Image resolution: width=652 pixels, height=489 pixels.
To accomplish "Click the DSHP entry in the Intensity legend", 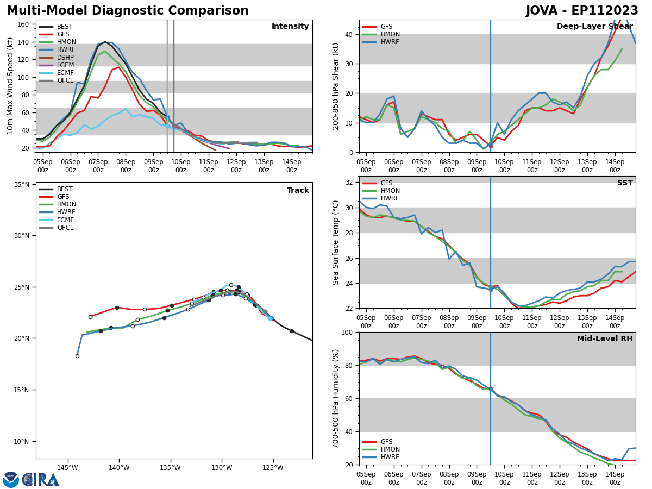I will click(65, 58).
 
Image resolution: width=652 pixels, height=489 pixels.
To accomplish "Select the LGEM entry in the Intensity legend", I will click(65, 65).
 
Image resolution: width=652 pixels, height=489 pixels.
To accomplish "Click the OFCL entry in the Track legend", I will click(65, 228).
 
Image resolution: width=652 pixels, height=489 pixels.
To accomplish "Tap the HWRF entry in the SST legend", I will click(390, 198).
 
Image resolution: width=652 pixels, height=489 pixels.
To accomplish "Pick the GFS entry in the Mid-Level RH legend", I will click(386, 442).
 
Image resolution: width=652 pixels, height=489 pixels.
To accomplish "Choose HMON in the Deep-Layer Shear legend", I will click(390, 34).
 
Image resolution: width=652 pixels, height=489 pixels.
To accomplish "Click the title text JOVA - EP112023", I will click(582, 11).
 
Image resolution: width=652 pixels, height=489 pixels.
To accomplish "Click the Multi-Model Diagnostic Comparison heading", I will click(128, 11).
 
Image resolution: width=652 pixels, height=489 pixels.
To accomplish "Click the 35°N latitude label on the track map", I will click(22, 185).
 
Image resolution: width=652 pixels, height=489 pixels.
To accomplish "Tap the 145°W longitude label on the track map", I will click(67, 467).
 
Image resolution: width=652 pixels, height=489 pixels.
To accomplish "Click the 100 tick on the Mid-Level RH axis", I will click(347, 332).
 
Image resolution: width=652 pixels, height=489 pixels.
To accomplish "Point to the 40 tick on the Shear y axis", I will click(349, 34).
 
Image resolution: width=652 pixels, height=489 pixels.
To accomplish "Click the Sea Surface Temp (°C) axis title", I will click(336, 242).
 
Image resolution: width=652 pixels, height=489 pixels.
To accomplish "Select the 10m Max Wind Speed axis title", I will click(11, 86).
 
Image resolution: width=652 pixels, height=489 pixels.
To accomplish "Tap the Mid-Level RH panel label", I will click(605, 339).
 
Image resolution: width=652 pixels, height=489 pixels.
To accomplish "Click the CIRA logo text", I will click(40, 480).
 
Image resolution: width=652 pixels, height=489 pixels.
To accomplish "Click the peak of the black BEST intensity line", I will click(105, 42).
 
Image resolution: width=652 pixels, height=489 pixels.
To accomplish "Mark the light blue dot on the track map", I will click(271, 318).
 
